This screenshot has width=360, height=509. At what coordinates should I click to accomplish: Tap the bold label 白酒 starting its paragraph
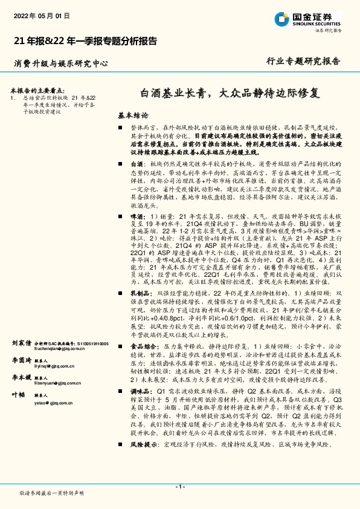point(137,164)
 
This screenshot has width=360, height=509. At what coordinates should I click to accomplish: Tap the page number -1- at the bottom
point(179,487)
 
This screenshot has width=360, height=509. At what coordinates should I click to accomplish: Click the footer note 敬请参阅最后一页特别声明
point(51,494)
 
